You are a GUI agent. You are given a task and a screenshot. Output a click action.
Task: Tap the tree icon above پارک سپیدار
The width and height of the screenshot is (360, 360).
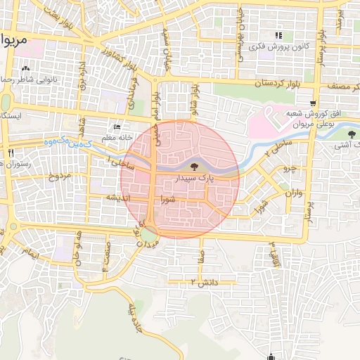195,167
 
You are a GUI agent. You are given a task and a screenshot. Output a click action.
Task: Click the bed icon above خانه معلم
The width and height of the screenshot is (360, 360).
117,127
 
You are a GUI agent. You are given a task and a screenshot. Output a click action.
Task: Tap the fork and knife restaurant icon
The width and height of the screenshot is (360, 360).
10,153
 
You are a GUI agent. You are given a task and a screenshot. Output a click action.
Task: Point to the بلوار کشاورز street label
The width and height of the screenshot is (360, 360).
112,53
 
